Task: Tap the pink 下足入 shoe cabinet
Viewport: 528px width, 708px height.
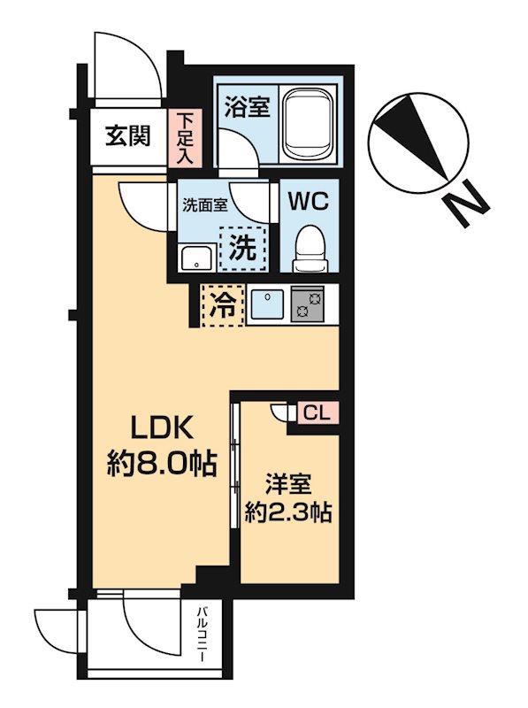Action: point(186,137)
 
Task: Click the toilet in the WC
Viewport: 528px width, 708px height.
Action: point(309,248)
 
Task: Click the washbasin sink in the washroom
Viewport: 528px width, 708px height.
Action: point(195,258)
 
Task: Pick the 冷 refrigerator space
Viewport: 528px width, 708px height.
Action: point(222,305)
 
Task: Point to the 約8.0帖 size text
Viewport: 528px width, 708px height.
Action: point(161,463)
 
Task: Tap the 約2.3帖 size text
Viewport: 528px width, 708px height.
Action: point(287,512)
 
